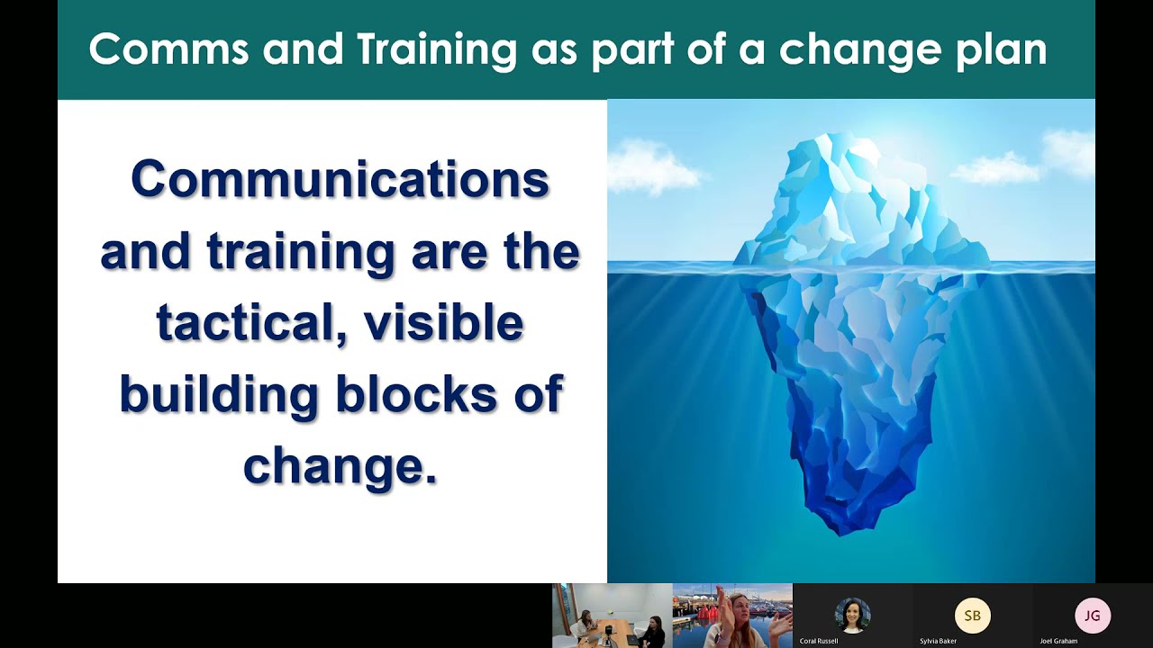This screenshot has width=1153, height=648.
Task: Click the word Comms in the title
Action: pos(168,49)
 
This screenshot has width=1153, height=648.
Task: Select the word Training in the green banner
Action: pos(436,49)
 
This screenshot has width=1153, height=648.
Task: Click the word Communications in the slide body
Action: pos(340,179)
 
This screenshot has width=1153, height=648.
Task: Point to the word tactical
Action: pos(251,324)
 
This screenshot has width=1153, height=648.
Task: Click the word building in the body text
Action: pos(219,394)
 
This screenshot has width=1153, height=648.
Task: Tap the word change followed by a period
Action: pos(340,466)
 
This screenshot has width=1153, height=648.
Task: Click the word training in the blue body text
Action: pos(302,252)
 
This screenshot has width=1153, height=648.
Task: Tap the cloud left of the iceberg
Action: pos(652,167)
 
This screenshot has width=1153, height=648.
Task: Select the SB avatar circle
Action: pos(972,616)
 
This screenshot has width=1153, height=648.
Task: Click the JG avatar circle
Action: pos(1092,616)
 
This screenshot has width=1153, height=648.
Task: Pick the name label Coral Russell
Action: pos(818,642)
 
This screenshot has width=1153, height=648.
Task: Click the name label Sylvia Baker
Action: pos(938,642)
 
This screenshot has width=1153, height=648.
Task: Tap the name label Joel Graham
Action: pos(1058,642)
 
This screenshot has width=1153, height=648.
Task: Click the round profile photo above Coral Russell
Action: pos(852,616)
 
